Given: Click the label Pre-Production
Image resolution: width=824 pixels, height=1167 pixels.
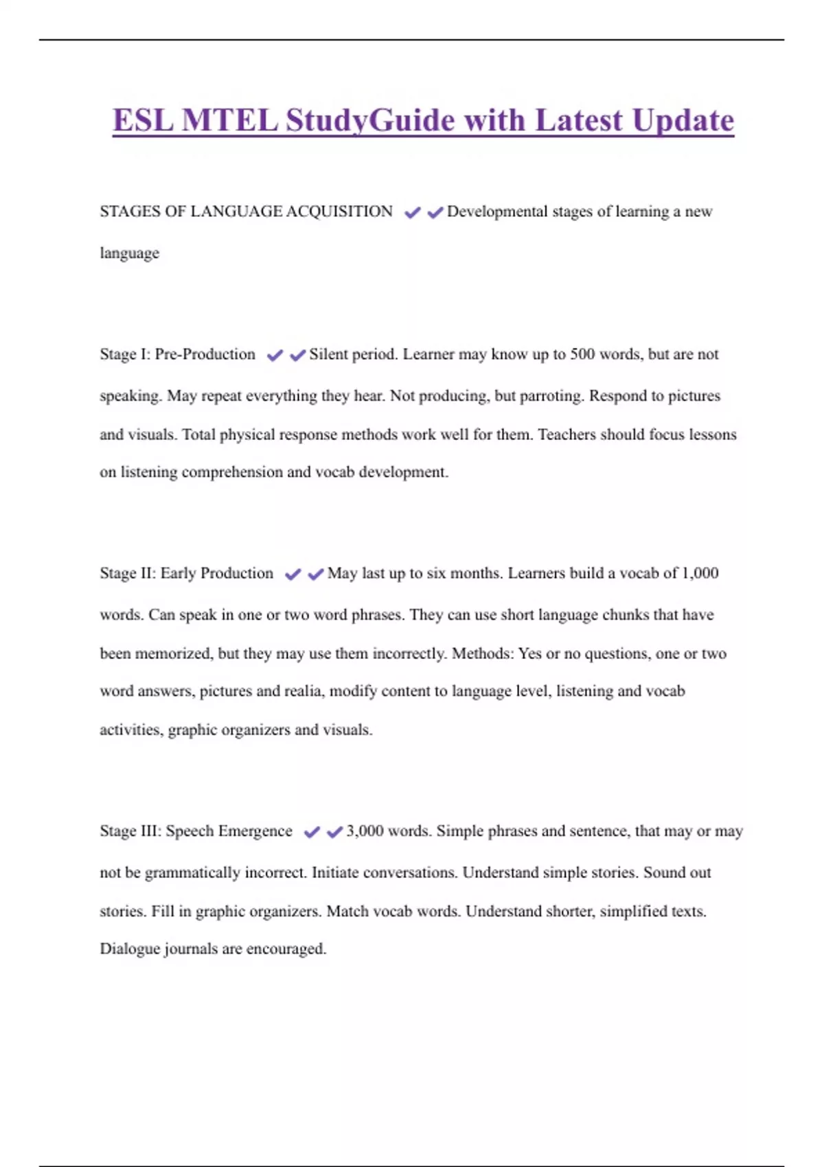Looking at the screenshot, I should (205, 354).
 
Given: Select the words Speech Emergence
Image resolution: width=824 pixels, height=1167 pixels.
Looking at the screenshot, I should (229, 831).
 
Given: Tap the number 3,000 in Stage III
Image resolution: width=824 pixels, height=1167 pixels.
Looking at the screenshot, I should (365, 831).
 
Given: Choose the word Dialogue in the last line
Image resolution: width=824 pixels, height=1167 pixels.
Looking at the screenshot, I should (130, 949).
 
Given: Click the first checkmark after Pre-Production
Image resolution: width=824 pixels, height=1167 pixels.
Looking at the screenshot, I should (275, 356).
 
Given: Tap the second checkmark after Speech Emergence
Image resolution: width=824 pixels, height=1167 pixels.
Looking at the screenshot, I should (334, 833).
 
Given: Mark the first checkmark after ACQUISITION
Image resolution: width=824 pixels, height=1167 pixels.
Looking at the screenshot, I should (412, 213).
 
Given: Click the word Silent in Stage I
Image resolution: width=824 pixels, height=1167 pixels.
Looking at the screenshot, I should (328, 354).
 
